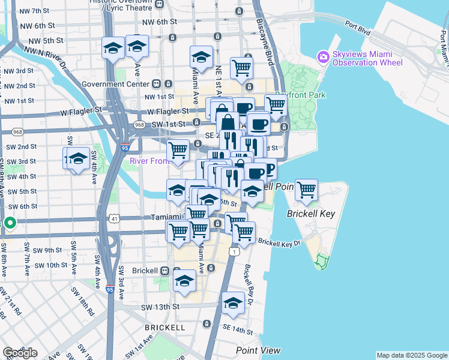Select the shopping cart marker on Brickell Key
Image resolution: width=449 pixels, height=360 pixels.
pyautogui.click(x=306, y=190)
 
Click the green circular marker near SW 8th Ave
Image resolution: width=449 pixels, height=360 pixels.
pyautogui.click(x=10, y=223)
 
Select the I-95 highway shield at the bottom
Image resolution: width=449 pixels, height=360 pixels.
pyautogui.click(x=109, y=289)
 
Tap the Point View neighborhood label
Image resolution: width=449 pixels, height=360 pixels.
pyautogui.click(x=258, y=350)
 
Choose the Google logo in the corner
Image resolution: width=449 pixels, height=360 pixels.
pyautogui.click(x=20, y=353)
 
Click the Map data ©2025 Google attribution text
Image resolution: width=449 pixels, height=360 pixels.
pyautogui.click(x=412, y=355)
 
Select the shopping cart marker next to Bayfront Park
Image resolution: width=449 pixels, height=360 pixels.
pyautogui.click(x=276, y=105)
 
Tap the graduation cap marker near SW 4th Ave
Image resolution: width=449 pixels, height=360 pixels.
pyautogui.click(x=78, y=159)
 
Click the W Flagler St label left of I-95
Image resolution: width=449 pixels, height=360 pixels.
pyautogui.click(x=82, y=111)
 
